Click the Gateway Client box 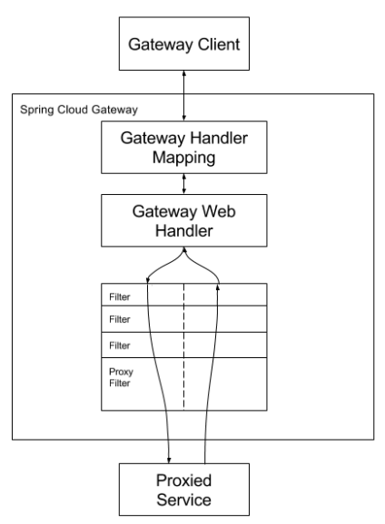(x=184, y=44)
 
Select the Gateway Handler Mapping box (x=184, y=147)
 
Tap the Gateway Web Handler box (x=184, y=220)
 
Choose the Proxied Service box (x=184, y=490)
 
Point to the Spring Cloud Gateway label (x=79, y=110)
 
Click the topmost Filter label (x=120, y=296)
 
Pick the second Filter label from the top (x=120, y=319)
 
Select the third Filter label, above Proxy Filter (x=120, y=345)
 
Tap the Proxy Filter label (x=121, y=377)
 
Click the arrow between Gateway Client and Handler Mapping (x=183, y=95)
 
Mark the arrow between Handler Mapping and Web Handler (x=183, y=184)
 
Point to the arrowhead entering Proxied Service (x=169, y=461)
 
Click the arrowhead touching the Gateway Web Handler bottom (x=183, y=249)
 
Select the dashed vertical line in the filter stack (x=183, y=346)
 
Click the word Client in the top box (x=219, y=44)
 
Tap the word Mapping (x=183, y=158)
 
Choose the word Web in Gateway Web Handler (x=219, y=211)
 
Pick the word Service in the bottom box (x=183, y=500)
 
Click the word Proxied (x=183, y=480)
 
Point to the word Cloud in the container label (x=74, y=110)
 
